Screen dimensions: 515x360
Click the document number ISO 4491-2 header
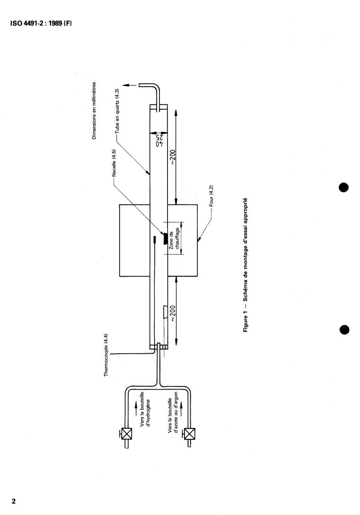[x=41, y=24]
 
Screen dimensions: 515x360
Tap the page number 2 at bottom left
[x=14, y=501]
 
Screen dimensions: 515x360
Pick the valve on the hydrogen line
[x=127, y=434]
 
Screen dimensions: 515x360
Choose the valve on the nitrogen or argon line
[x=190, y=434]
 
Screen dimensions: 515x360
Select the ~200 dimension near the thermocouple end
[x=173, y=315]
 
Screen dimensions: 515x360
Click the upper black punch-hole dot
[x=344, y=187]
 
